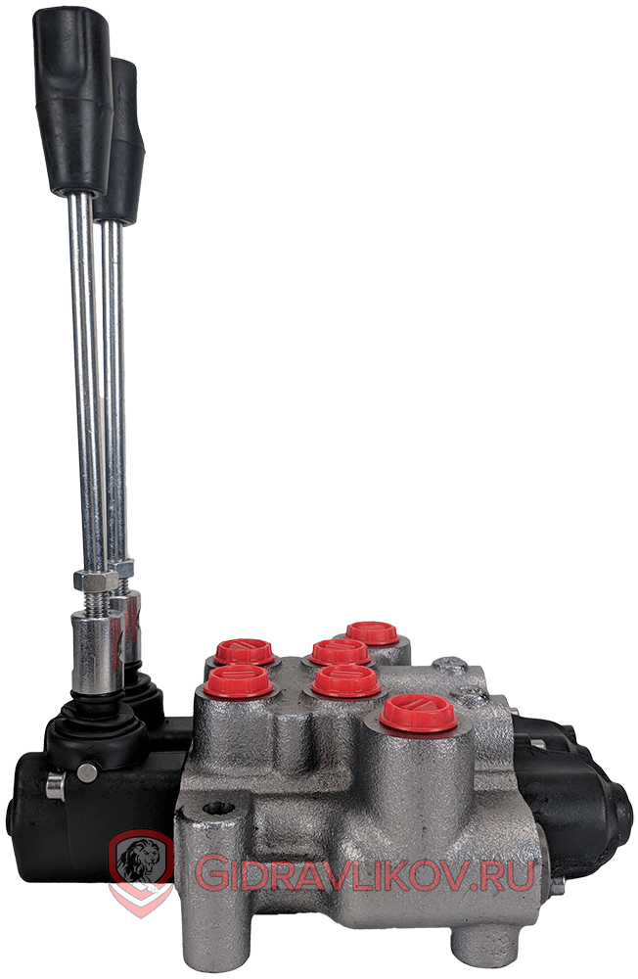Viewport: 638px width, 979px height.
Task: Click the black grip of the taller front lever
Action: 72,100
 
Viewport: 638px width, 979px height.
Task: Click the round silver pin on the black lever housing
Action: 87,773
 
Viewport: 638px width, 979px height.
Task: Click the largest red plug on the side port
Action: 418,714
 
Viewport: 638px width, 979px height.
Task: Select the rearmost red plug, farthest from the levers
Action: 372,633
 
